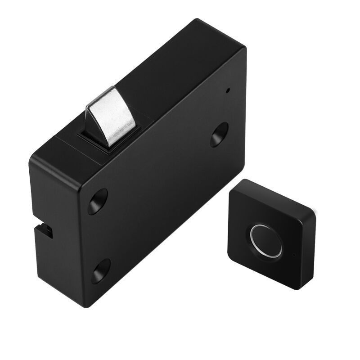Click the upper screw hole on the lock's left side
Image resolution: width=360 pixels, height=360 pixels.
click(x=98, y=201)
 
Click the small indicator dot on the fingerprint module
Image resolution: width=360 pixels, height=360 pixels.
click(x=294, y=255)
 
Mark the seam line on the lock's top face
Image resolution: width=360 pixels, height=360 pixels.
click(x=67, y=142)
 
